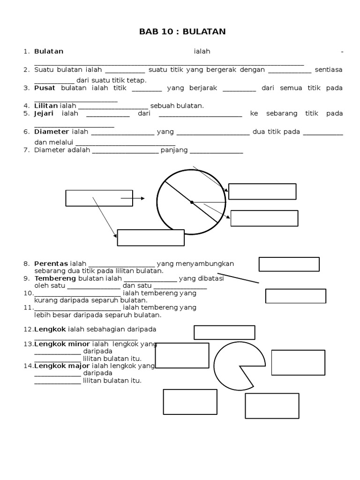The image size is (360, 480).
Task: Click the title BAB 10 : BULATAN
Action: [x=182, y=32]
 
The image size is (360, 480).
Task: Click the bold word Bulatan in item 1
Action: [x=49, y=51]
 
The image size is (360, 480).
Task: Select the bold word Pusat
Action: [x=45, y=88]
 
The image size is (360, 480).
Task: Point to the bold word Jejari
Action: [x=44, y=113]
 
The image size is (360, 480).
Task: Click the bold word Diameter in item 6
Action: [x=52, y=132]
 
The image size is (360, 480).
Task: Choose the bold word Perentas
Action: [x=51, y=263]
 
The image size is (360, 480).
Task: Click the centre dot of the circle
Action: [x=192, y=202]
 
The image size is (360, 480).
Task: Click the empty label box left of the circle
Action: [x=99, y=198]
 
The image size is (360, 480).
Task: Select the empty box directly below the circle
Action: [x=150, y=238]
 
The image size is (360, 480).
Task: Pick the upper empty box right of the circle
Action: [x=262, y=191]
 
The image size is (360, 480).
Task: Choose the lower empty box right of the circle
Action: [x=264, y=218]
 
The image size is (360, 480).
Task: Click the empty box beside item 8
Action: [x=289, y=264]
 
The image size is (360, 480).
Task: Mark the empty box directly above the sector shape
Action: [x=224, y=332]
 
